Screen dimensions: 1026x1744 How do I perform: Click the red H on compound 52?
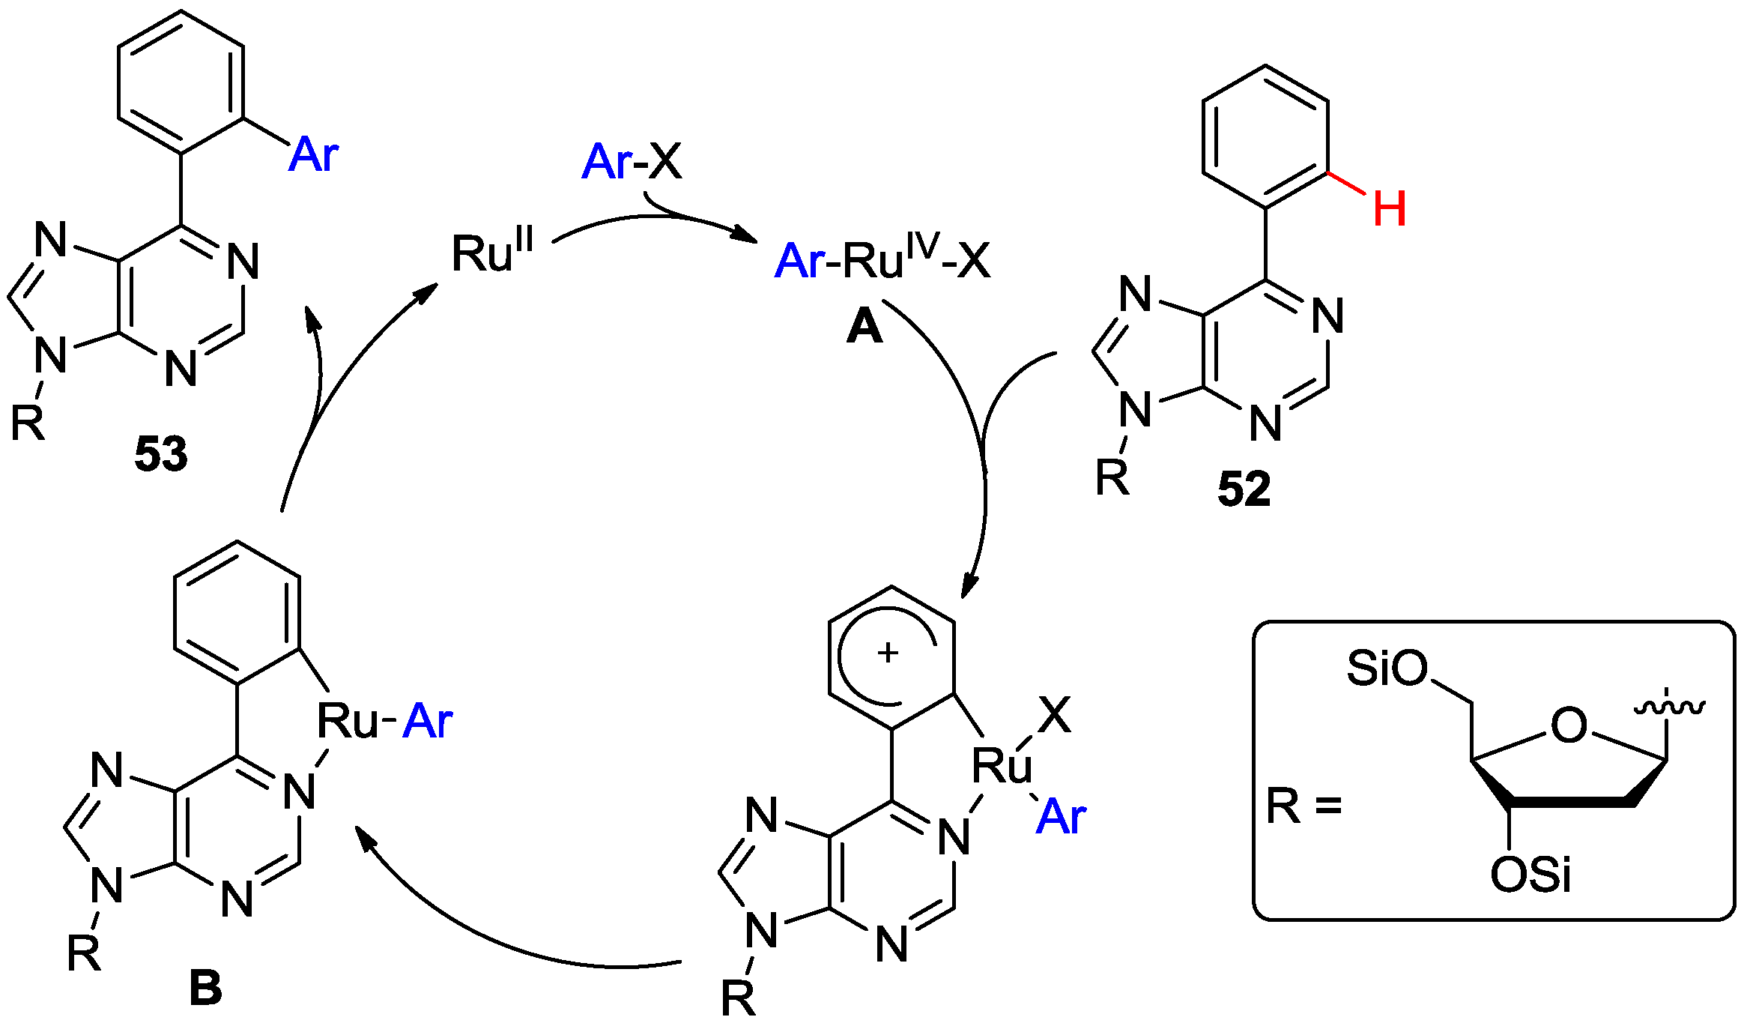click(1389, 209)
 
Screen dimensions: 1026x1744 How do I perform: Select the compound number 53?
click(160, 454)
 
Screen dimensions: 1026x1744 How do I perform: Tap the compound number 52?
click(1244, 490)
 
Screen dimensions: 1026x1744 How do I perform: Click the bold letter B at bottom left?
click(205, 989)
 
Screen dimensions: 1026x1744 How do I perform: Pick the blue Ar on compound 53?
click(313, 155)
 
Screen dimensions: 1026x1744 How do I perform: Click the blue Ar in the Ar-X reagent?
click(606, 162)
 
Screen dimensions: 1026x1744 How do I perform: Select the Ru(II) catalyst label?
click(491, 253)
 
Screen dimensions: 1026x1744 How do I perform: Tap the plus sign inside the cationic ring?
click(888, 654)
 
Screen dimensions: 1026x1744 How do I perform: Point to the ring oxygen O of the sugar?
click(1568, 725)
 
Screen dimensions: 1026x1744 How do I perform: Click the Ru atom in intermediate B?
click(347, 722)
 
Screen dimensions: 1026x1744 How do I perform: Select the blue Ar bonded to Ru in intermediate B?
click(427, 722)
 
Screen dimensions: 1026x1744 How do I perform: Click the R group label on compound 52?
click(1112, 477)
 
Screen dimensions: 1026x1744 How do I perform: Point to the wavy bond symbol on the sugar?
click(1669, 707)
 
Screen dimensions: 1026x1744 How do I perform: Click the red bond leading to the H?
click(1346, 184)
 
